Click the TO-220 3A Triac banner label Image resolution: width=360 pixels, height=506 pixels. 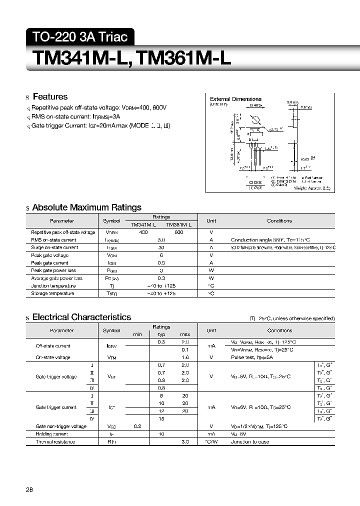80,36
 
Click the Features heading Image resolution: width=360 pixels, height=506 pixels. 50,96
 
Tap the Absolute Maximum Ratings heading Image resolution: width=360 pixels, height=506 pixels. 86,207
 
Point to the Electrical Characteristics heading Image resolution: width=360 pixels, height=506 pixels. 81,317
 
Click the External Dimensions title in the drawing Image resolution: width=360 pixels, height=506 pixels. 235,99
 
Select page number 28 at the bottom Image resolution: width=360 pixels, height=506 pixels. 29,490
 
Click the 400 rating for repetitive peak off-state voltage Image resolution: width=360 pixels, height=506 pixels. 143,232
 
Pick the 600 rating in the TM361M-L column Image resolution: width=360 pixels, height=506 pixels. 179,232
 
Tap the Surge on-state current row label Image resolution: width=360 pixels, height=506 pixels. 54,247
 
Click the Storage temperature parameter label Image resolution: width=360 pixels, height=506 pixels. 52,293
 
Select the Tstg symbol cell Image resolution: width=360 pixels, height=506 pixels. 111,293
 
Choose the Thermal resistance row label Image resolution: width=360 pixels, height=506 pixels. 55,442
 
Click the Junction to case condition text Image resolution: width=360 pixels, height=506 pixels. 250,442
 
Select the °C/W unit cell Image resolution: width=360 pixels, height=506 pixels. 211,442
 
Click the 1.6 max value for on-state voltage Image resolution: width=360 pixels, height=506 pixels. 185,357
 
